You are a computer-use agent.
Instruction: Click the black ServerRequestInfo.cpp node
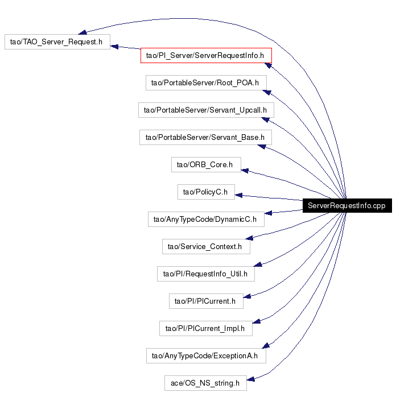tap(347, 205)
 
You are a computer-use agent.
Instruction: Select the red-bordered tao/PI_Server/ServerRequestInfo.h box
tap(206, 55)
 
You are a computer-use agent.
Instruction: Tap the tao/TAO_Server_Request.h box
tap(57, 42)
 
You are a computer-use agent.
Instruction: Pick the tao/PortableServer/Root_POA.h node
tap(206, 82)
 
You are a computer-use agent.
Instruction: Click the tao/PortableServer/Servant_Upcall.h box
tap(206, 110)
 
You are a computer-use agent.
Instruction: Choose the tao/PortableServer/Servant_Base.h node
tap(205, 137)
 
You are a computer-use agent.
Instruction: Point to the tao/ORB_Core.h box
tap(206, 164)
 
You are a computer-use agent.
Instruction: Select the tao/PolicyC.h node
tap(206, 192)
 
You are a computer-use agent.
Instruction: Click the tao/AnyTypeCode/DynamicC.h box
tap(206, 219)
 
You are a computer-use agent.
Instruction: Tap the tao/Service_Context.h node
tap(206, 246)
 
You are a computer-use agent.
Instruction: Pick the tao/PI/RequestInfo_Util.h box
tap(206, 274)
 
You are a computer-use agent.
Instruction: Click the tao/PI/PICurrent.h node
tap(206, 301)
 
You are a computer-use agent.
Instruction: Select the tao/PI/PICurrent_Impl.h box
tap(206, 328)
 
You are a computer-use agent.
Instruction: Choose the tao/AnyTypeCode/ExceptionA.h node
tap(206, 355)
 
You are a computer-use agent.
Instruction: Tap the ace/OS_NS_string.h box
tap(205, 383)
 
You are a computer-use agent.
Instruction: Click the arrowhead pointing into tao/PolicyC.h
tap(238, 195)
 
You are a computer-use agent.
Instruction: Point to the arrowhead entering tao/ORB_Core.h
tap(245, 171)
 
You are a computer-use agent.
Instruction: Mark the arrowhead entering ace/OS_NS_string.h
tap(250, 379)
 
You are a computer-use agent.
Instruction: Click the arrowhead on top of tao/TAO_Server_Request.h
tap(82, 32)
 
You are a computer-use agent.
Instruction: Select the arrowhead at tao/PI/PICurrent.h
tap(247, 296)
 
